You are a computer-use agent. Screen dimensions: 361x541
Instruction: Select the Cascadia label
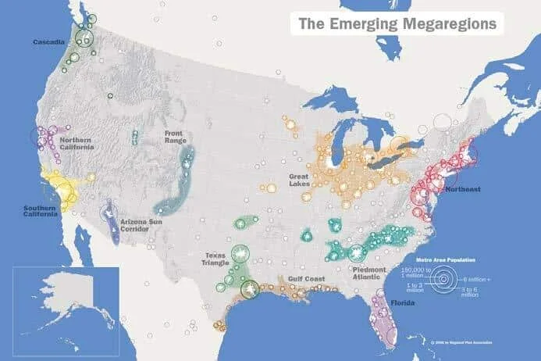(48, 41)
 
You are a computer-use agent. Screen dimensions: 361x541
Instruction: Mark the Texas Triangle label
(216, 259)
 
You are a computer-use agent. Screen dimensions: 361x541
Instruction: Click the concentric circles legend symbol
(444, 279)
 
